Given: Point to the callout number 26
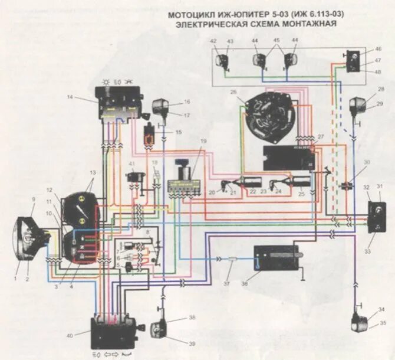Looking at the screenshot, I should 233,92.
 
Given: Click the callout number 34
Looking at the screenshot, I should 381,309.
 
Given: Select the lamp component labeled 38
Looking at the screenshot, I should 160,328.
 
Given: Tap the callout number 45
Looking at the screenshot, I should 276,40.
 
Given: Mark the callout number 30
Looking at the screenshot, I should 367,162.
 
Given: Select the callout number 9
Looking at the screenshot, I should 34,199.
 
